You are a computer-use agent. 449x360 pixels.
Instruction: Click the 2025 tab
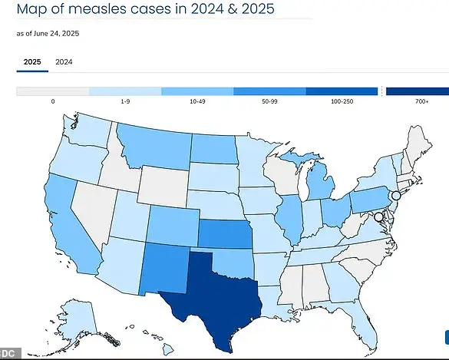(32, 61)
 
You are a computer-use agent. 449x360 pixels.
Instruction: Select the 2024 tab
(64, 61)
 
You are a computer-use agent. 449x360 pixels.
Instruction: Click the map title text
(146, 10)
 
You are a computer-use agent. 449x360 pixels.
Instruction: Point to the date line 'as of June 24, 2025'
(48, 34)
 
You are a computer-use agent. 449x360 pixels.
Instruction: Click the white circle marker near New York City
(395, 197)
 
